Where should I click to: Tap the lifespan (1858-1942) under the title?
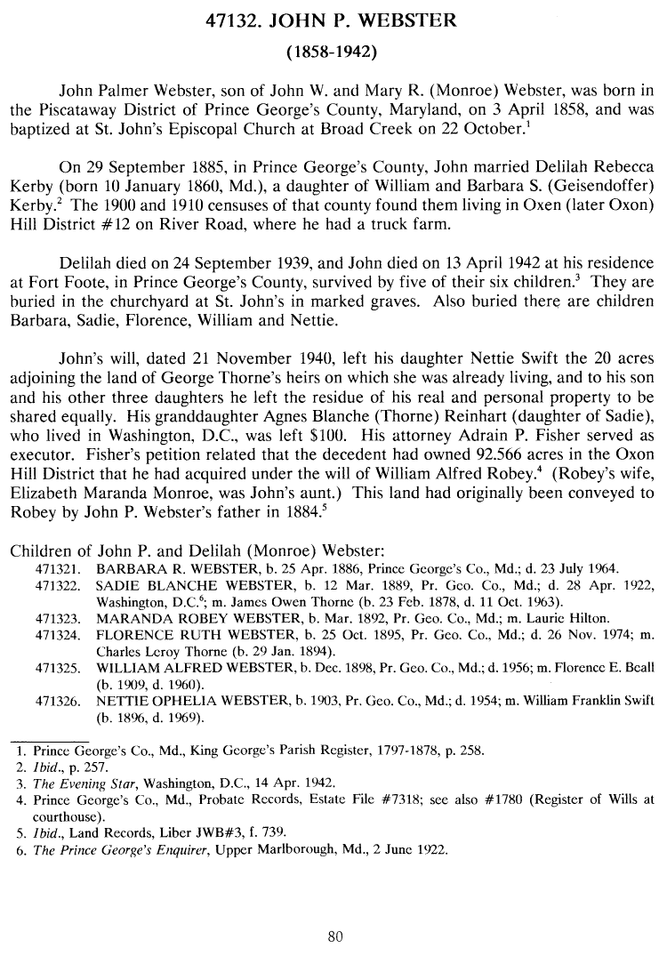tap(333, 52)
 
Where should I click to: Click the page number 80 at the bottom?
tap(334, 936)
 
